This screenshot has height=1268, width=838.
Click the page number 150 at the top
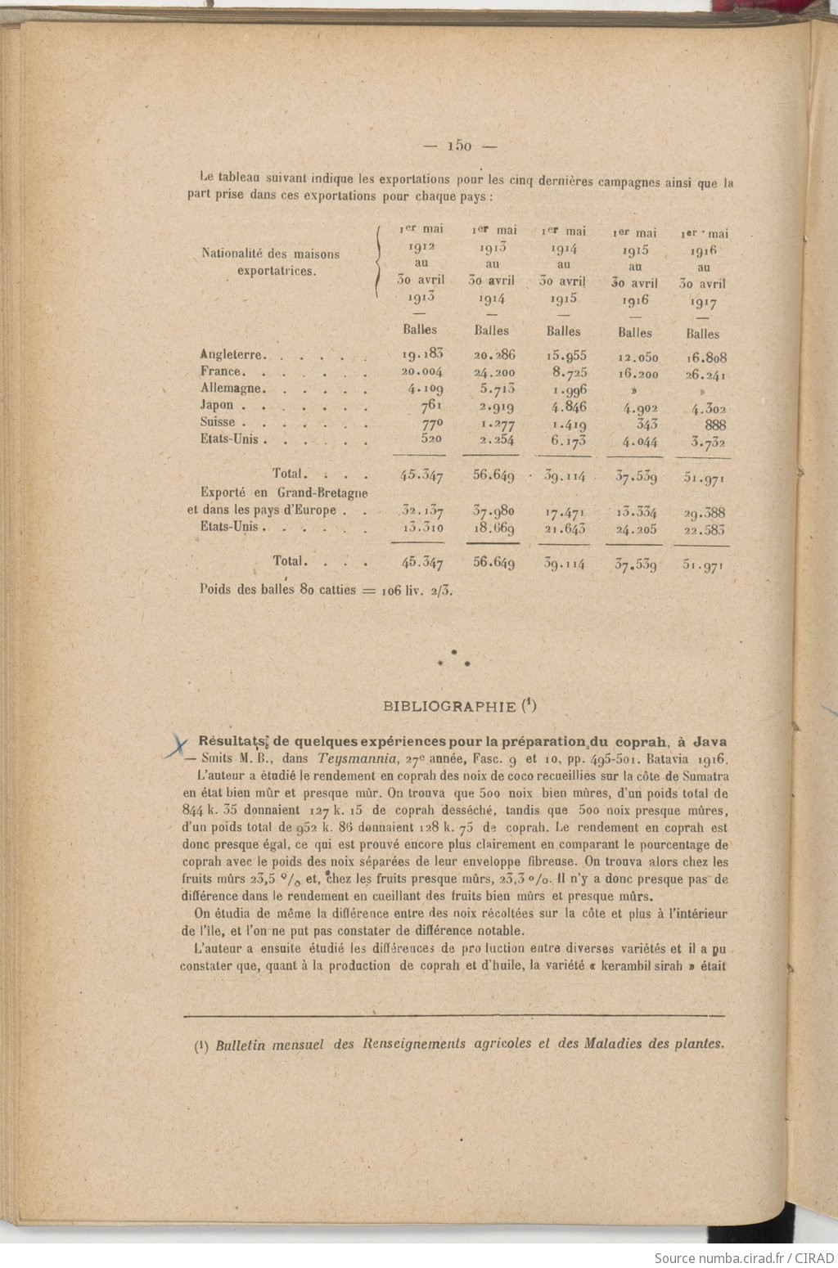(460, 146)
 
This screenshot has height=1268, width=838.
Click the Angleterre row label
(232, 355)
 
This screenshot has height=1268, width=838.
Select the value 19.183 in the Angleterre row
(422, 354)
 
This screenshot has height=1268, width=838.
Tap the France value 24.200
(493, 372)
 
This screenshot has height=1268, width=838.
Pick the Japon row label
(217, 405)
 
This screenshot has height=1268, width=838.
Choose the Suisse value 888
(714, 425)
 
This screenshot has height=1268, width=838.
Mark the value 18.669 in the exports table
(493, 528)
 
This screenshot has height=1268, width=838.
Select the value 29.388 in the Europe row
(705, 513)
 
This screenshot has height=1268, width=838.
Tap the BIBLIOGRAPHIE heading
(449, 706)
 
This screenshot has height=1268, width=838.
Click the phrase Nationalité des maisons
(271, 254)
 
